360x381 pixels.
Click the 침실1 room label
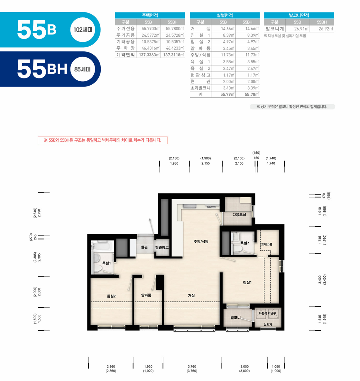click(247, 282)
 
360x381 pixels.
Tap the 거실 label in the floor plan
click(191, 295)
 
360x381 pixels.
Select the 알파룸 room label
click(146, 295)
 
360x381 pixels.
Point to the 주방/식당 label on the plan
click(201, 241)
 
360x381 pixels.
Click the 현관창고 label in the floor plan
click(162, 247)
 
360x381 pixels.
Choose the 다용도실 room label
click(239, 215)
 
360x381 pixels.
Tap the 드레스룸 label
click(267, 244)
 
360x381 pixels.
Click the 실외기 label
click(268, 325)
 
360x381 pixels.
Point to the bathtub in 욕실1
click(102, 246)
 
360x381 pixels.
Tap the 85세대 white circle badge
click(83, 69)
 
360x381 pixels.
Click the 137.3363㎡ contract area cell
click(149, 55)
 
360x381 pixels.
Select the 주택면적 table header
click(150, 15)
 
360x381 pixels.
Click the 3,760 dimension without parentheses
click(192, 367)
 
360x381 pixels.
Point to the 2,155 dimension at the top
click(205, 163)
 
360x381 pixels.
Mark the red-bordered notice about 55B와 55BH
click(103, 140)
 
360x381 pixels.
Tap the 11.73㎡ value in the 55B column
click(227, 55)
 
